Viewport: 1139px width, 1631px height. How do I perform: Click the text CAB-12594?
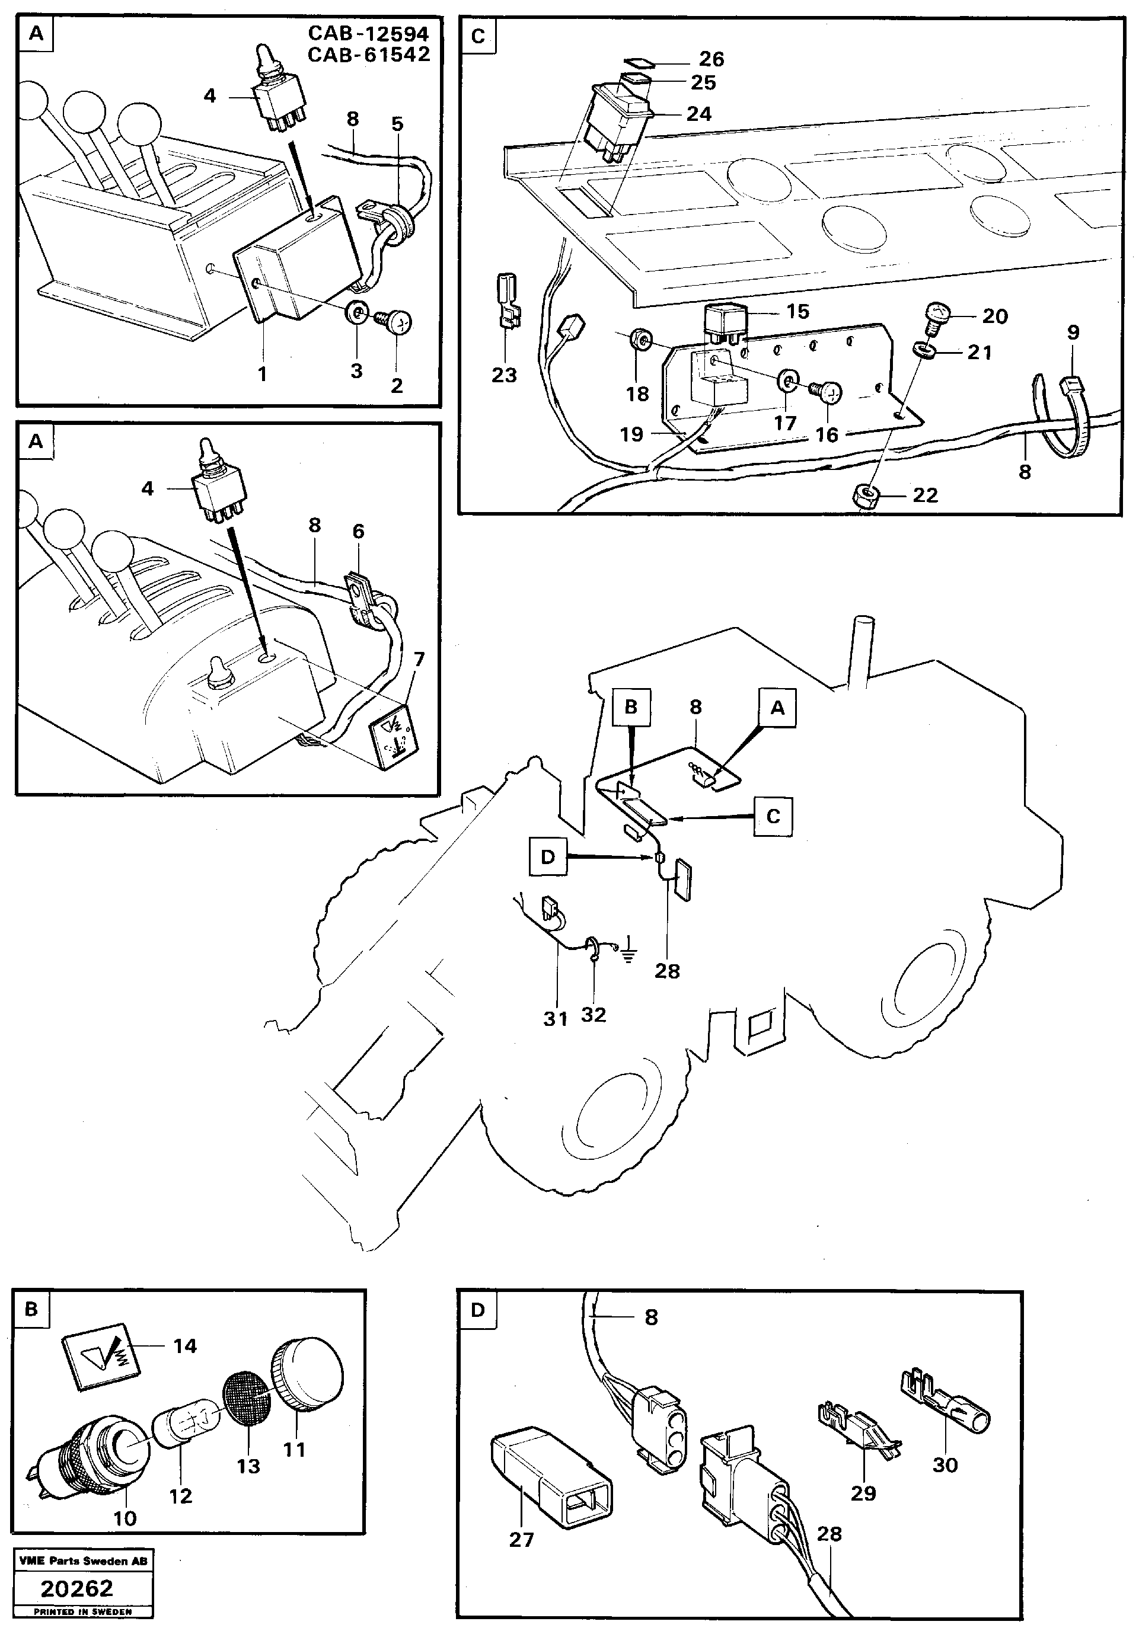(368, 33)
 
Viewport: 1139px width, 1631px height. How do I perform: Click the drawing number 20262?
(76, 1588)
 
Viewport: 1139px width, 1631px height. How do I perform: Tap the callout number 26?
(712, 59)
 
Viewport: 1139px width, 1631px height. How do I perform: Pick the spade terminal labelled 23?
(505, 305)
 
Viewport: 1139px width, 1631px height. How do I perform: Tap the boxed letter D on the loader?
(547, 857)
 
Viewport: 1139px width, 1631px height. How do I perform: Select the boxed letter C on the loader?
(773, 816)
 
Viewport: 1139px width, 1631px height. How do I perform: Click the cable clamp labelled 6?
(361, 594)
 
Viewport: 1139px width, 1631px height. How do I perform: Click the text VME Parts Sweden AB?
(83, 1560)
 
